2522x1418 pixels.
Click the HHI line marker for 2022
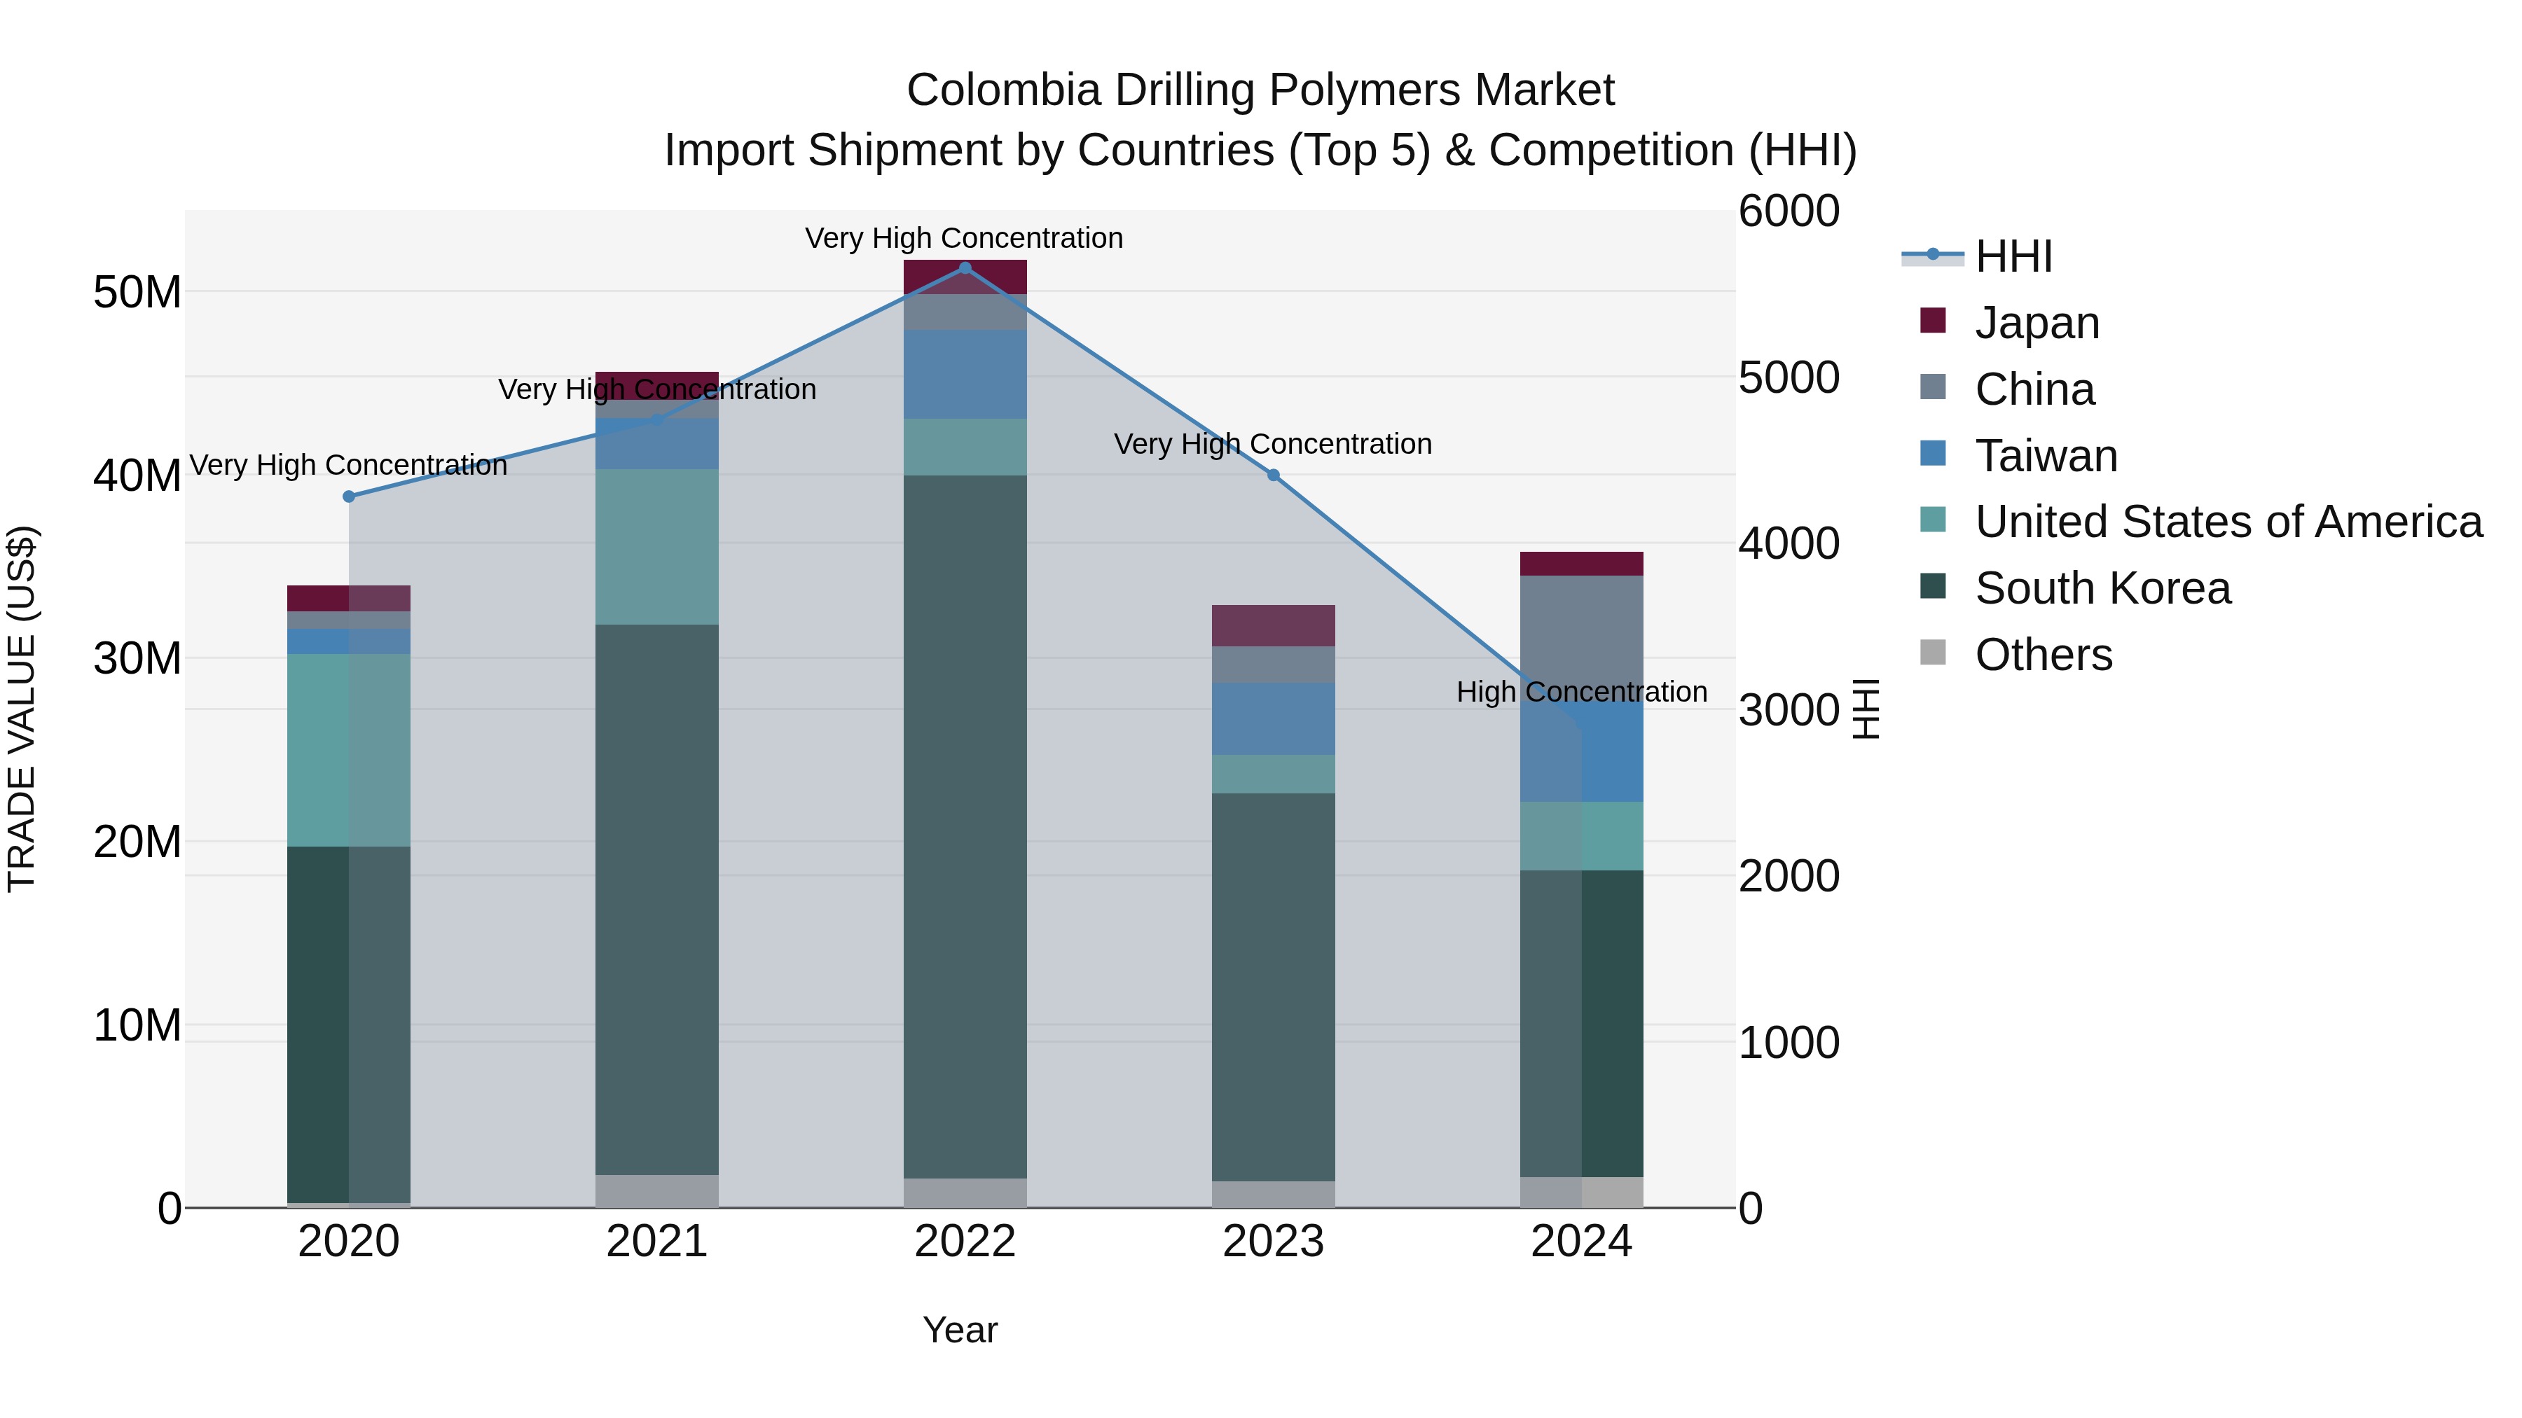[x=965, y=268]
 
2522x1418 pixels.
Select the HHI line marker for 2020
[x=349, y=496]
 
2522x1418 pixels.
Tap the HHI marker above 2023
[x=1273, y=475]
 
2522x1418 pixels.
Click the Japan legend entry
[x=2037, y=323]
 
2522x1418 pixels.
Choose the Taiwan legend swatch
[x=1933, y=454]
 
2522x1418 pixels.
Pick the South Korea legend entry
[x=2102, y=588]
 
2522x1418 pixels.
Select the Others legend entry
[x=2044, y=655]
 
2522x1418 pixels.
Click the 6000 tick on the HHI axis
[x=1788, y=211]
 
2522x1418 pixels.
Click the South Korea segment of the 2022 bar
[x=965, y=827]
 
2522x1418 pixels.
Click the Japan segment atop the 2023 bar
[x=1273, y=625]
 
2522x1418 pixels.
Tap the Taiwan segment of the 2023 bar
[x=1273, y=718]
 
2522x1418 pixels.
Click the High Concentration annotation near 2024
[x=1581, y=692]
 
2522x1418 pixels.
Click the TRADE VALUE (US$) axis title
[x=22, y=709]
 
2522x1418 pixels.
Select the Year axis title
[x=960, y=1330]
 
